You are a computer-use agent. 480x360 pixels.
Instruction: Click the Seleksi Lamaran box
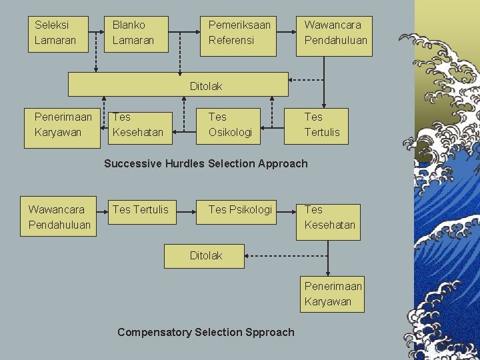click(x=61, y=33)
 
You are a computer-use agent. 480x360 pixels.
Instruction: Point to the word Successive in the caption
click(x=133, y=163)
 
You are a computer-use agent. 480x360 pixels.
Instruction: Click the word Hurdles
click(x=185, y=163)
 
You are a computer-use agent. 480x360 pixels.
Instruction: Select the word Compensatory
click(x=154, y=332)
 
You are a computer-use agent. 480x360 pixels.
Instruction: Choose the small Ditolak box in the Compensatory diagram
click(x=205, y=255)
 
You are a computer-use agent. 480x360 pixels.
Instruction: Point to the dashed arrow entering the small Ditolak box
click(x=287, y=255)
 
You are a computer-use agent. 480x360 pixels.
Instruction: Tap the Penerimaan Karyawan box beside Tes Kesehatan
click(x=63, y=125)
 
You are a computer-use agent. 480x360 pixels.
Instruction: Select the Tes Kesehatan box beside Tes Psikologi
click(x=329, y=218)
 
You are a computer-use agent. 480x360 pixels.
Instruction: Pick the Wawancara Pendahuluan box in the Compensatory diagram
click(x=59, y=217)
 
